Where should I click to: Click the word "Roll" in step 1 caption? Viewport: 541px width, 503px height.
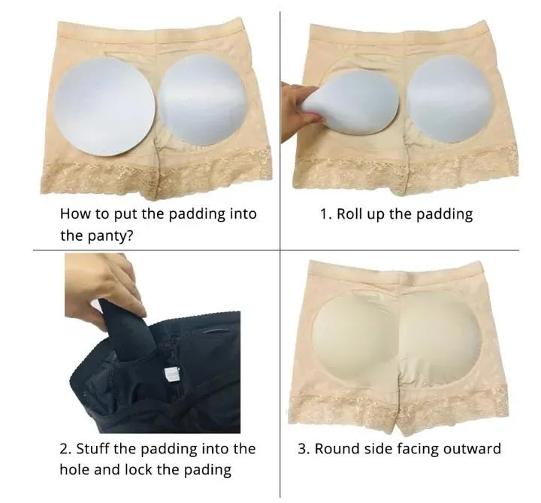tap(349, 214)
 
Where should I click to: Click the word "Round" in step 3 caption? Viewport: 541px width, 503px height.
tap(336, 449)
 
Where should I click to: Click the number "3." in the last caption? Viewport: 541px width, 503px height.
tap(303, 449)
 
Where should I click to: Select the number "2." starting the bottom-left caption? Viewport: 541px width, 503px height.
tap(65, 449)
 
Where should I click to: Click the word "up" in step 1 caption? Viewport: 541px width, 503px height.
tap(376, 215)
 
